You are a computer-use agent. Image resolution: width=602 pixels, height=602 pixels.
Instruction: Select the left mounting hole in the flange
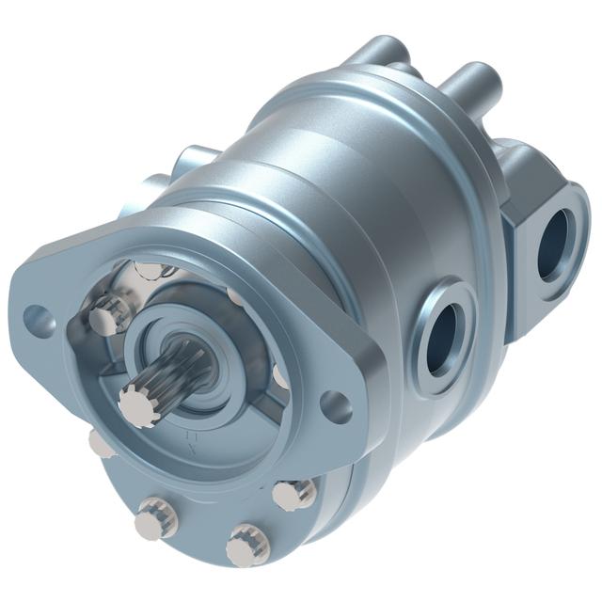click(37, 317)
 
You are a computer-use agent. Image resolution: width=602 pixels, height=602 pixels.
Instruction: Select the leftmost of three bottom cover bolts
click(154, 519)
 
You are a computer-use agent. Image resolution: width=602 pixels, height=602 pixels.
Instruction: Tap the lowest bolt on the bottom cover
click(246, 545)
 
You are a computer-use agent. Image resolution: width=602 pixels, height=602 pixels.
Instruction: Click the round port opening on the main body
click(441, 340)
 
